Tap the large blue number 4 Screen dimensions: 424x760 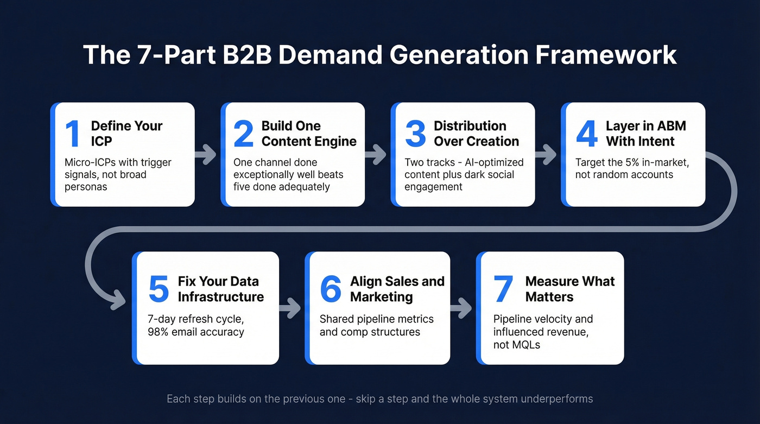[586, 134]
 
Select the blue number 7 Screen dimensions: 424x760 [503, 289]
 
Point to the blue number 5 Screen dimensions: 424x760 [159, 289]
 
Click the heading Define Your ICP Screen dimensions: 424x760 [126, 134]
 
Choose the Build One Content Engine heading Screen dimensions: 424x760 [309, 134]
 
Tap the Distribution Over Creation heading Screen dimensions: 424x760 [476, 134]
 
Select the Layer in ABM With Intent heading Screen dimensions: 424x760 [645, 134]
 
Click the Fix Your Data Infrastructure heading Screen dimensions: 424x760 [220, 289]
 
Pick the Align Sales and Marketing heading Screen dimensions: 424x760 [397, 289]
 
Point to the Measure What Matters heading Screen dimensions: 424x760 [569, 289]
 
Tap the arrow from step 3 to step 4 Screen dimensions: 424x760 [546, 155]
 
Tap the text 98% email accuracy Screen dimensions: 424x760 [196, 331]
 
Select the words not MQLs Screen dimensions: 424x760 [516, 344]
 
